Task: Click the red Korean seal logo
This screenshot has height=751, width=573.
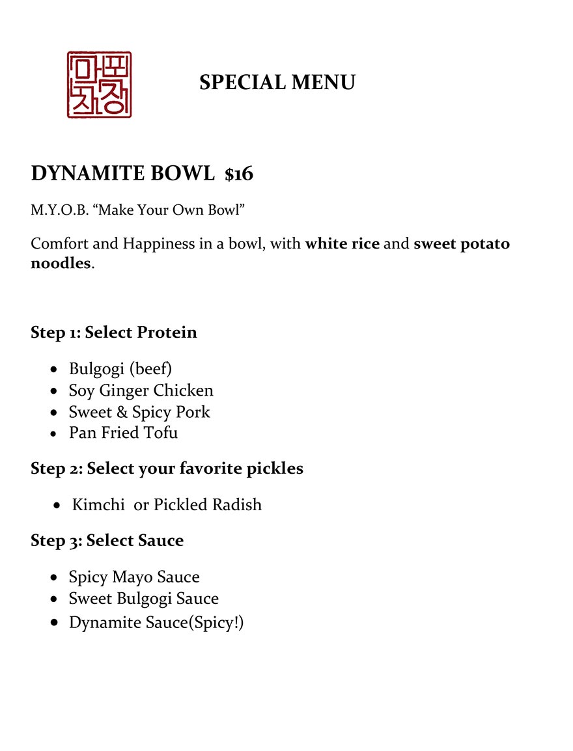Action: (x=99, y=85)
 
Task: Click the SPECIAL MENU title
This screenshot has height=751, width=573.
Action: (x=277, y=83)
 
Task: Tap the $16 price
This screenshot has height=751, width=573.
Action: (x=239, y=174)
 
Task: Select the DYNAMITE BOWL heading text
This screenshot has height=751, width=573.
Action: (x=122, y=174)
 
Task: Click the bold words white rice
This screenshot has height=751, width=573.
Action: (x=342, y=244)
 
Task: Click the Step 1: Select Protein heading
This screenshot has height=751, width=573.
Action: (x=113, y=333)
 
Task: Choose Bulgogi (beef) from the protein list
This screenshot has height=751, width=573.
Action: (x=120, y=369)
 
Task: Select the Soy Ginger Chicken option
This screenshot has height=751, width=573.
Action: (x=141, y=390)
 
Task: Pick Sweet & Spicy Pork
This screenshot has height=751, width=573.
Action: (x=139, y=412)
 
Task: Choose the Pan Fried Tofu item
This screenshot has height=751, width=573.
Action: (x=123, y=433)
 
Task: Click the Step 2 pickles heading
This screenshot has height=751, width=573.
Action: (x=167, y=469)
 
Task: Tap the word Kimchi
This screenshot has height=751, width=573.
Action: (x=98, y=504)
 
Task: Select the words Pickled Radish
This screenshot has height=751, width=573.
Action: (x=208, y=504)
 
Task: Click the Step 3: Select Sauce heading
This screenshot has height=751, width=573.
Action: (x=107, y=541)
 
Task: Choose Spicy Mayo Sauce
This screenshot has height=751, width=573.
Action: (x=134, y=577)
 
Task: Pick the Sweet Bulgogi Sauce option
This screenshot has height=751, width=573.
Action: (x=143, y=599)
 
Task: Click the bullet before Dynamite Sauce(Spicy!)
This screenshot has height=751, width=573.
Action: (x=55, y=623)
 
